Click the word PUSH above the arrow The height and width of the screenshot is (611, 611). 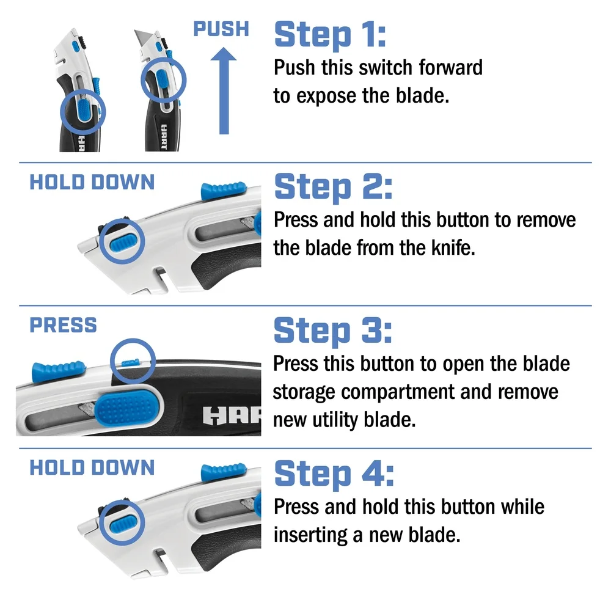pos(221,29)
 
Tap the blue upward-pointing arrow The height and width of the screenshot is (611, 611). pos(224,92)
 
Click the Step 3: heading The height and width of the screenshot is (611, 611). pos(333,331)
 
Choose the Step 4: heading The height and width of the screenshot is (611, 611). pos(334,474)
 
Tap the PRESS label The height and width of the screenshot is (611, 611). pos(63,325)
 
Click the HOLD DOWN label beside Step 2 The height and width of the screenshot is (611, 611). pos(92,182)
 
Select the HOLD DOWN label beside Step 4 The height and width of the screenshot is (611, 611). pos(92,468)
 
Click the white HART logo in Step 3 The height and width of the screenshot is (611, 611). pos(232,415)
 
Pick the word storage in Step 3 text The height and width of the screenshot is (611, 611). pos(312,392)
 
